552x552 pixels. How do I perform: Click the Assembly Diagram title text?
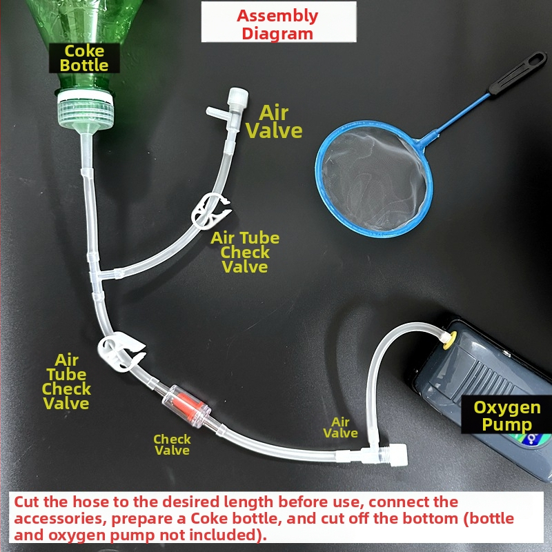pyautogui.click(x=278, y=25)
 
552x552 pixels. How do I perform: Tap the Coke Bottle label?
pyautogui.click(x=84, y=58)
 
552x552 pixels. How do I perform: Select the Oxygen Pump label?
pyautogui.click(x=506, y=416)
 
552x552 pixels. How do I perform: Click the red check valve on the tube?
pyautogui.click(x=186, y=406)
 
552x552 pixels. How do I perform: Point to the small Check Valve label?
pyautogui.click(x=172, y=444)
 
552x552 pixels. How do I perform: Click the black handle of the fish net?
pyautogui.click(x=517, y=73)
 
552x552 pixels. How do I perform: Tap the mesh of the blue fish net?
pyautogui.click(x=374, y=179)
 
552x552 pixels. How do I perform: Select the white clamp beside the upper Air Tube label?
pyautogui.click(x=210, y=212)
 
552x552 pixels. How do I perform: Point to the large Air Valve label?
pyautogui.click(x=273, y=122)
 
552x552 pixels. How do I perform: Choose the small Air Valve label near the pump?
pyautogui.click(x=340, y=427)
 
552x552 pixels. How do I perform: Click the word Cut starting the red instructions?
pyautogui.click(x=27, y=502)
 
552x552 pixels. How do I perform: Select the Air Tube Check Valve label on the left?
pyautogui.click(x=66, y=382)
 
